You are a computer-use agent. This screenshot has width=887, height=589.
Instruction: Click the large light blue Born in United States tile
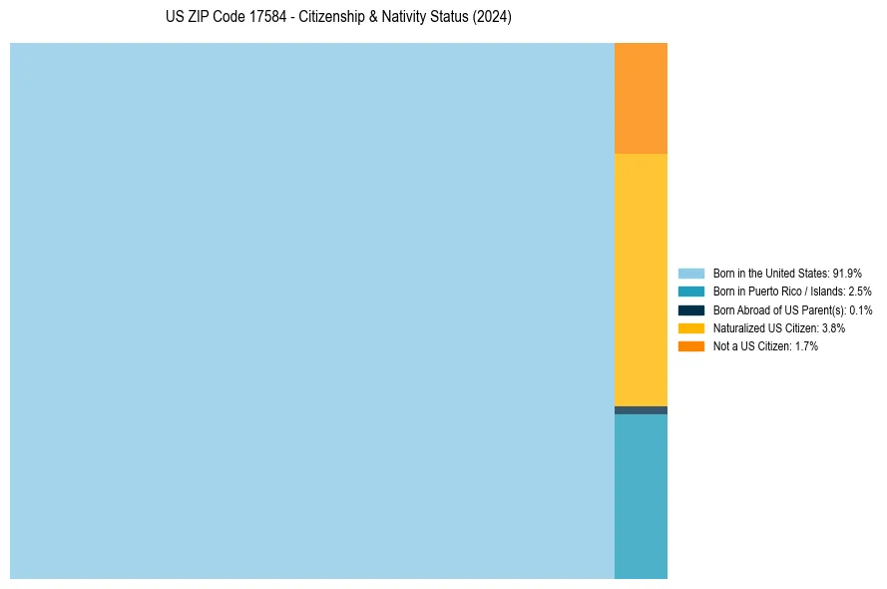coord(311,310)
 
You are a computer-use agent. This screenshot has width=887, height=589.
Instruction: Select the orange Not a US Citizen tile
coord(641,98)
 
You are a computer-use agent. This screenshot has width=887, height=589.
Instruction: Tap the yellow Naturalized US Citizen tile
coord(641,280)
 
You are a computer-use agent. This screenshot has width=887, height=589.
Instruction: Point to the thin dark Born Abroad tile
coord(641,410)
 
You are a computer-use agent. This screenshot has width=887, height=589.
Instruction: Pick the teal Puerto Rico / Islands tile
coord(641,496)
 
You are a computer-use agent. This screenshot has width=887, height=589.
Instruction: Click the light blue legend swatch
coord(691,273)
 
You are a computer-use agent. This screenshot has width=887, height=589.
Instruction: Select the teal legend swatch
coord(691,292)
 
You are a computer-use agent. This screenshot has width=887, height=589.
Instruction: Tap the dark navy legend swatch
coord(691,309)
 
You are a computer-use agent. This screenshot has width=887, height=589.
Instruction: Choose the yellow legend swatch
coord(691,327)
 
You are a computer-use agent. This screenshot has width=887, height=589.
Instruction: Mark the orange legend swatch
coord(691,346)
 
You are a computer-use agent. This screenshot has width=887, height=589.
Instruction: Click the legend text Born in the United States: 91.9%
coord(787,273)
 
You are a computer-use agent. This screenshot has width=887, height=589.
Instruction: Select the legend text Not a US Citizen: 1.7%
coord(765,346)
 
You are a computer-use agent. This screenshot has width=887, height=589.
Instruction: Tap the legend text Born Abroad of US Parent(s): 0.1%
coord(792,310)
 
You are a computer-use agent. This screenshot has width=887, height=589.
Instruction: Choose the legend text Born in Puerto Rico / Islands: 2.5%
coord(792,292)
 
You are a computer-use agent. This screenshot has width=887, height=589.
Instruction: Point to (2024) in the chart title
coord(493,17)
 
